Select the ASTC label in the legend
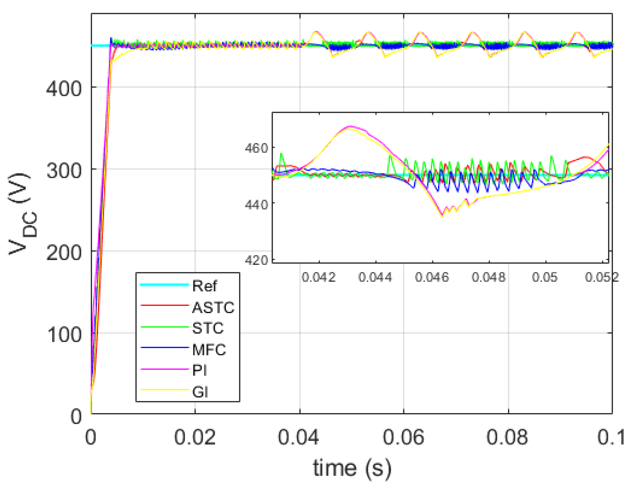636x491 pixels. pos(213,308)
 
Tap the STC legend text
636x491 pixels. pos(208,328)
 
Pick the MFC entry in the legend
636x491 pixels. pos(209,350)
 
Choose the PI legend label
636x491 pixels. pos(199,371)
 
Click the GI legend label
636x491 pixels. pos(200,392)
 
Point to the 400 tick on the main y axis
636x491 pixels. pos(64,89)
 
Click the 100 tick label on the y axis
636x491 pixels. pos(64,334)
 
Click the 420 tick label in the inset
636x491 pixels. pos(256,260)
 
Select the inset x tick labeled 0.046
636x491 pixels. pos(432,277)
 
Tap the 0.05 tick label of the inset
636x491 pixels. pos(545,277)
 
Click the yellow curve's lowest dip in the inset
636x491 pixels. pos(442,216)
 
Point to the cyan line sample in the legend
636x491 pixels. pos(165,285)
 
